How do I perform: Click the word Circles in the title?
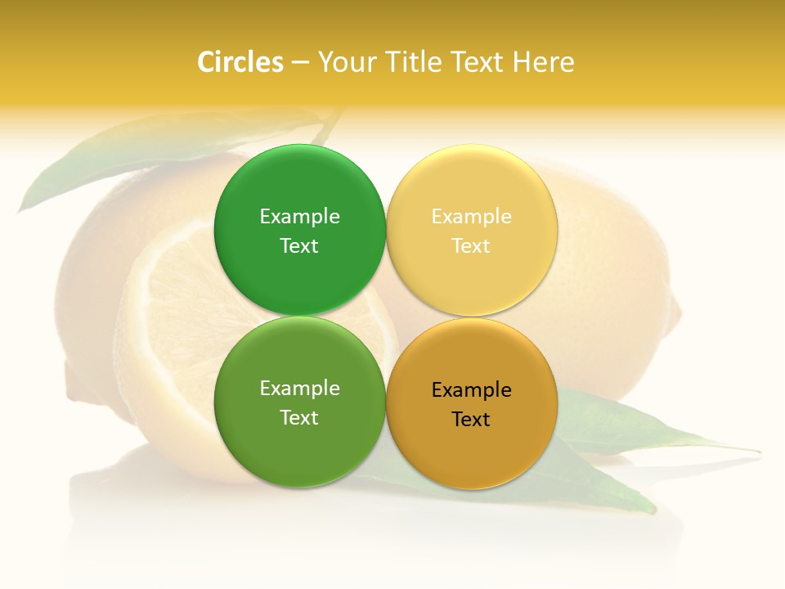pos(240,62)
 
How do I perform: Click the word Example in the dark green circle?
pos(299,217)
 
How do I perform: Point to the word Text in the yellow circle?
pos(471,246)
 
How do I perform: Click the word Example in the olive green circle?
pos(299,389)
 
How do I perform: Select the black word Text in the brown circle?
pos(471,420)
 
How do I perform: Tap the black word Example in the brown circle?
pos(471,390)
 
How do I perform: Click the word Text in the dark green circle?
pos(299,246)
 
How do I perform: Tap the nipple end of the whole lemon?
pos(675,315)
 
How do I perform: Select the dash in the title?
pos(300,62)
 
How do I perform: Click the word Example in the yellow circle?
pos(471,217)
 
